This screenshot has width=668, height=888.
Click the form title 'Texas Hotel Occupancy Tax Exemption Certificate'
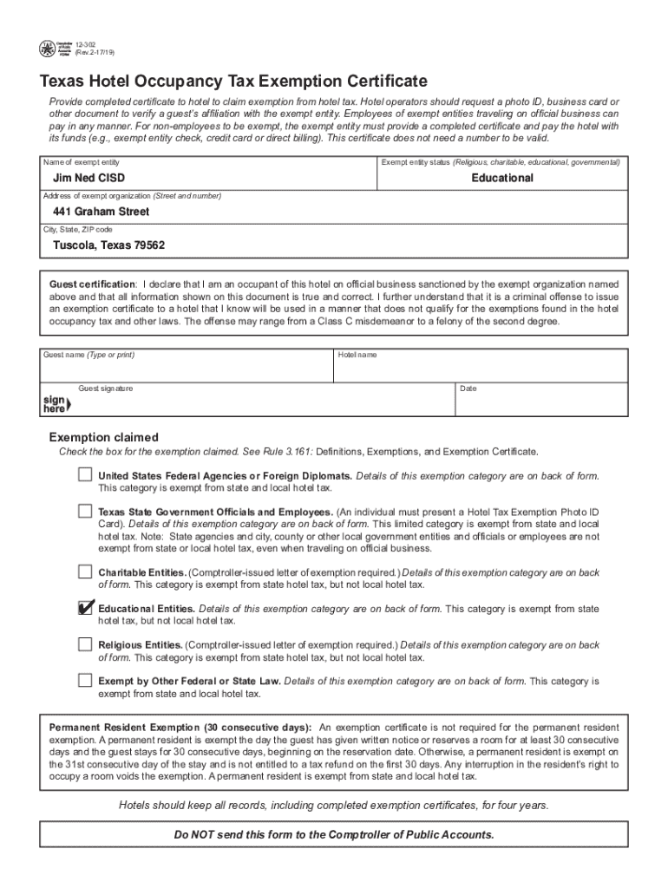(233, 82)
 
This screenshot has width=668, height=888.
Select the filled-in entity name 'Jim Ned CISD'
(89, 178)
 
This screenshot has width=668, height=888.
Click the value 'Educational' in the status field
(502, 178)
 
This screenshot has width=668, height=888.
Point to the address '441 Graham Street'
(101, 212)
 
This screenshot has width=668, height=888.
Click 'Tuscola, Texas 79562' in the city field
(109, 245)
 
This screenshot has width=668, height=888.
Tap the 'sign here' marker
(56, 403)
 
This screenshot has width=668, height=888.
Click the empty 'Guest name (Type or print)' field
(187, 369)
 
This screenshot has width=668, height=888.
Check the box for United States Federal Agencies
(85, 474)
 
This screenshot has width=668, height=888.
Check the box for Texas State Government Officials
(85, 511)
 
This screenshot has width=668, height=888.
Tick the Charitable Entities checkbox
(85, 571)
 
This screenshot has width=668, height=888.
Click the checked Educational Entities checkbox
(85, 608)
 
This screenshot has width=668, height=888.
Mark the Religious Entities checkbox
(85, 644)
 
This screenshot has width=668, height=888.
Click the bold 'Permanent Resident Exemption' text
(180, 726)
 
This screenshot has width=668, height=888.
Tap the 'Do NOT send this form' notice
(334, 834)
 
